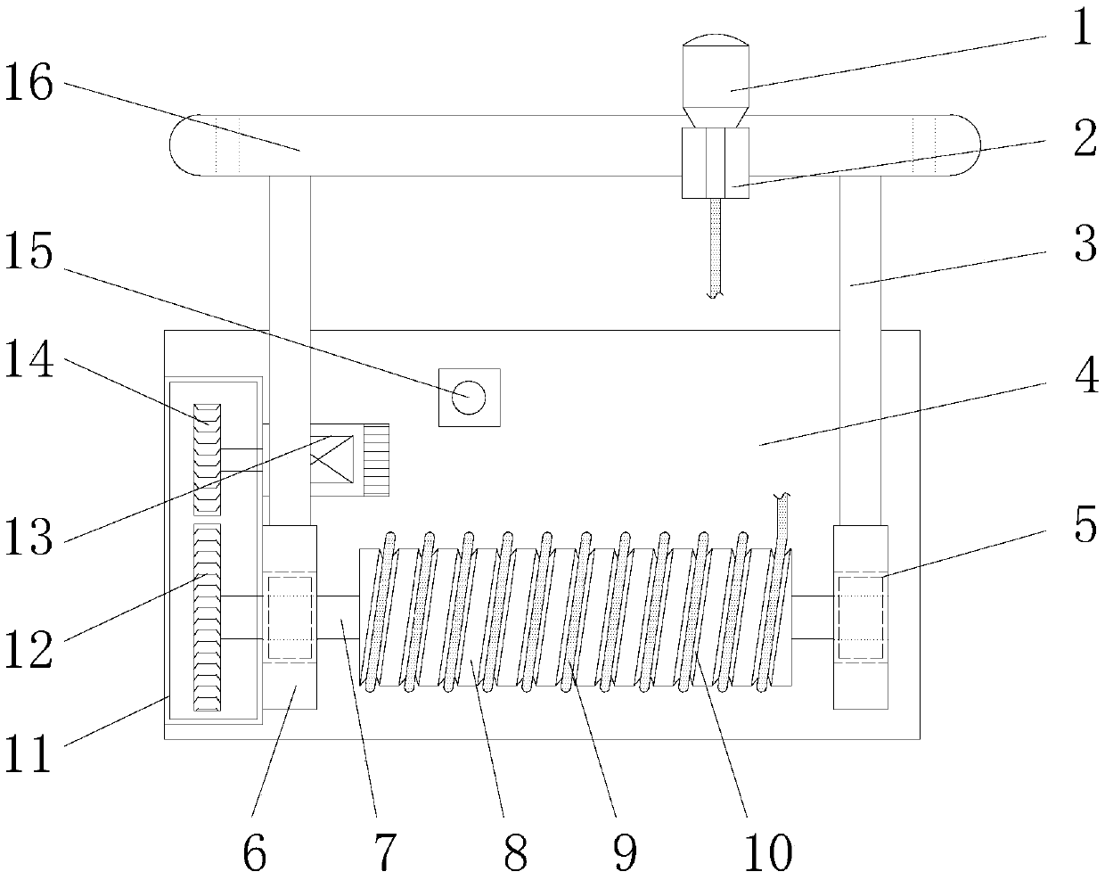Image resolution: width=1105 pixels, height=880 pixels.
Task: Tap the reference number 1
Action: click(1080, 29)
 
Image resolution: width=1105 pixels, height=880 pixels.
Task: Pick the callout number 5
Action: click(1084, 526)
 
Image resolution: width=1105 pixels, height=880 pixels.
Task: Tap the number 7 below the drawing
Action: click(383, 853)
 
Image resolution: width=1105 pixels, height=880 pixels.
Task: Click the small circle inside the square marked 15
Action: click(468, 396)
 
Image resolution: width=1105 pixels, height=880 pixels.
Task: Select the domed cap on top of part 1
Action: click(715, 40)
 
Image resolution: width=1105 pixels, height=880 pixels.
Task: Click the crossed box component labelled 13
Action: click(331, 457)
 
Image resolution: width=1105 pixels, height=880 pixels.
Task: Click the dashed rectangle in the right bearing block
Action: click(860, 618)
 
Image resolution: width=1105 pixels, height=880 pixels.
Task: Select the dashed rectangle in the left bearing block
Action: click(289, 618)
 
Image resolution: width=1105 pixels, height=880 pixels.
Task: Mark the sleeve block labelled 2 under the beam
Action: click(715, 162)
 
